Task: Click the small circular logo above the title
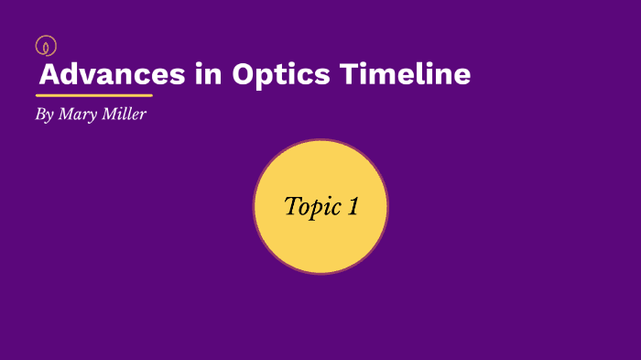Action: point(45,45)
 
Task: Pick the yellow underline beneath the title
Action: point(94,95)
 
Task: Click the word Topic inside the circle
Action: point(310,207)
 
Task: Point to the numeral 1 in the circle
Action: point(352,207)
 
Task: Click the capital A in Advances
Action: point(50,74)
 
